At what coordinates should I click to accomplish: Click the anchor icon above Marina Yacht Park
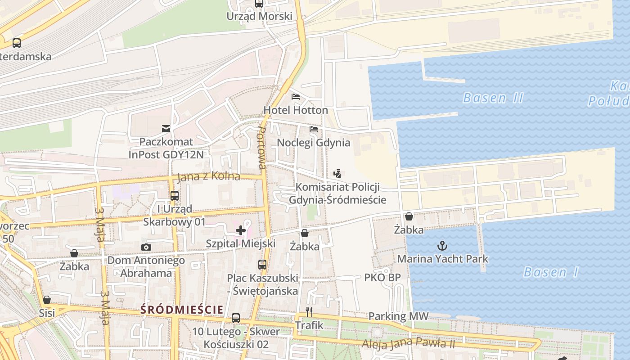click(x=443, y=246)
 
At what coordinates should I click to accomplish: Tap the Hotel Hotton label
click(x=296, y=110)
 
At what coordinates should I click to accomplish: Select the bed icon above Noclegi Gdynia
click(x=314, y=129)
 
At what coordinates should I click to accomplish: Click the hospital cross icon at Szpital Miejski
click(x=241, y=231)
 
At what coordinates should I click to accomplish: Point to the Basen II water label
click(x=493, y=98)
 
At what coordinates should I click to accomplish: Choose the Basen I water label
click(x=551, y=272)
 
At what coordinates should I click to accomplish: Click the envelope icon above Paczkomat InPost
click(x=166, y=129)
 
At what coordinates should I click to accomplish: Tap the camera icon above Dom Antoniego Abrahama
click(x=146, y=247)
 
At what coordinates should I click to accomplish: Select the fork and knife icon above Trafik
click(x=309, y=311)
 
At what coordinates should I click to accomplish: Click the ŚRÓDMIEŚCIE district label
click(x=182, y=310)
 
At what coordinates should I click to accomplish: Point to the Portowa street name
click(x=261, y=148)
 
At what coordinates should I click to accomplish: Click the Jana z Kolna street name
click(x=208, y=176)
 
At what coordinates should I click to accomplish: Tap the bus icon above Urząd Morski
click(x=259, y=4)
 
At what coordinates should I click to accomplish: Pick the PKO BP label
click(x=382, y=278)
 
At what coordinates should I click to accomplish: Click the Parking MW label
click(x=398, y=316)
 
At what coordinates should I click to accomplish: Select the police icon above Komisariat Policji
click(x=337, y=173)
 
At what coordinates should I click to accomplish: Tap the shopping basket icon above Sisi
click(x=47, y=300)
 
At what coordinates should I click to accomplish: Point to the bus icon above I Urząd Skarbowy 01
click(x=175, y=196)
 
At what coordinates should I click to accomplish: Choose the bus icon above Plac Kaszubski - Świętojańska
click(x=262, y=265)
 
